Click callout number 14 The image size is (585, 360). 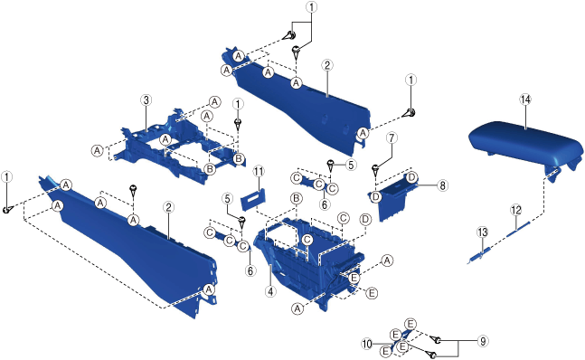525,99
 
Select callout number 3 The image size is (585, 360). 146,100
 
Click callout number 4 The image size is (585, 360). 270,291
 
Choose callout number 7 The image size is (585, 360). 392,138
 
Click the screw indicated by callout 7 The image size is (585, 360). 376,170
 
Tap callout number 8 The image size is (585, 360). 442,185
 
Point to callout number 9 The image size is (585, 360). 483,341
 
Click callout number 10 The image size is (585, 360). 367,344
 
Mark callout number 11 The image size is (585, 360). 259,172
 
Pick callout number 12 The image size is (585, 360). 516,211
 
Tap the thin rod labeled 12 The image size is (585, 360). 519,229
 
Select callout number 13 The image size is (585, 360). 483,232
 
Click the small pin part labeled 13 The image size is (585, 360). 478,256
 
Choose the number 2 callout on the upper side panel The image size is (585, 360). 326,66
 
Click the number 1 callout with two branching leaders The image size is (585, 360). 311,7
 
